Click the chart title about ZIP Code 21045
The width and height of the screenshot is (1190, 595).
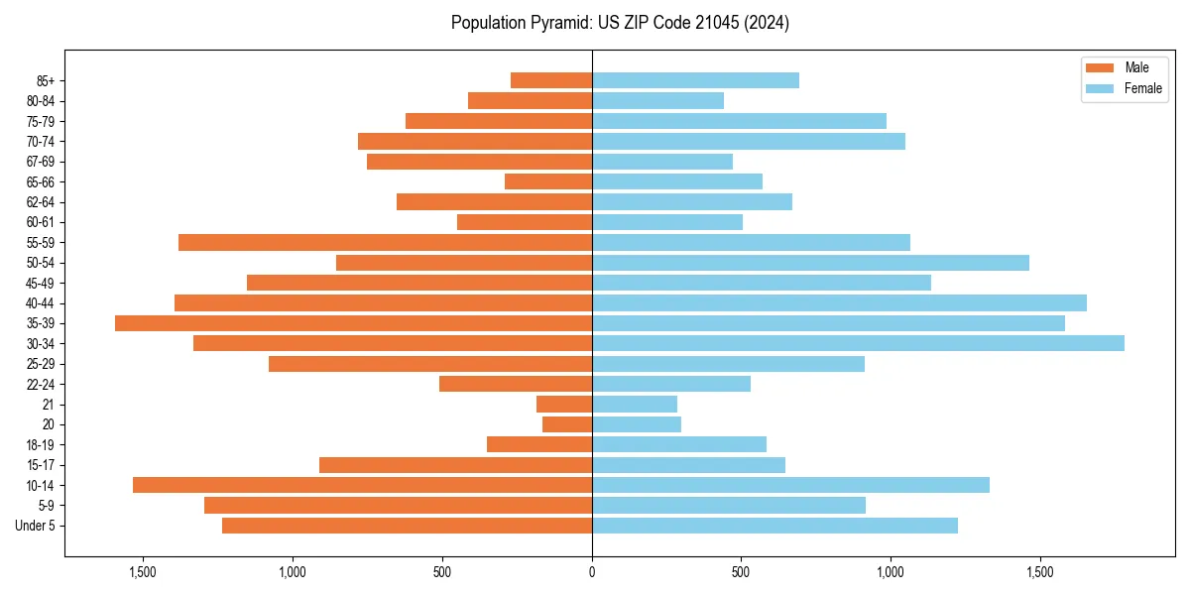click(620, 23)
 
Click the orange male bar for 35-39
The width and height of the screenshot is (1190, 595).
click(353, 323)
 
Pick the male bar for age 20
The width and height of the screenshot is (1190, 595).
click(567, 424)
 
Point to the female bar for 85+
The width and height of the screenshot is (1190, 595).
click(695, 80)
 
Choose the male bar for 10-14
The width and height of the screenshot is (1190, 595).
click(362, 485)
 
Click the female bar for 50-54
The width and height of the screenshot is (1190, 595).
click(810, 263)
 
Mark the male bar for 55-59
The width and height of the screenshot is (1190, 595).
click(385, 242)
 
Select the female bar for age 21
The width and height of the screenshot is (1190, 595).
click(635, 405)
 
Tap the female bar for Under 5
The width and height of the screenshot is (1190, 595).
click(774, 526)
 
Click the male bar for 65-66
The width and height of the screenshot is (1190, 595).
click(548, 181)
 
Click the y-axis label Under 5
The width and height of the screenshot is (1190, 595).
click(36, 526)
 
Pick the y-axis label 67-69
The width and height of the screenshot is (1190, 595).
click(40, 162)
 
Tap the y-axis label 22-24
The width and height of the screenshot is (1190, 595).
click(40, 384)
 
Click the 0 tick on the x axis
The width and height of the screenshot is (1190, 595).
click(592, 572)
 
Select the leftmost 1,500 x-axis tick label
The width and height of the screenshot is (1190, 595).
click(143, 572)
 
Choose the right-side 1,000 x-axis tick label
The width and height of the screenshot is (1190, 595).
click(891, 572)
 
